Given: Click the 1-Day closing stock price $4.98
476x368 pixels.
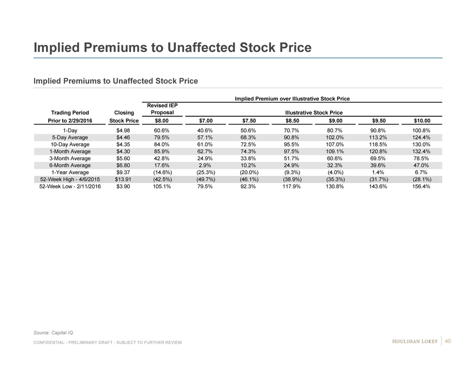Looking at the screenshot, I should tap(124, 130).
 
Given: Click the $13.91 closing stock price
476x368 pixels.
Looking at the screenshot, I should tap(124, 179).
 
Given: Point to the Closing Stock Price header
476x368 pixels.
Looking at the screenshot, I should tap(124, 116).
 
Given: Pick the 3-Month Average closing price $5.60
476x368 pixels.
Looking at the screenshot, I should tap(124, 159).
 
